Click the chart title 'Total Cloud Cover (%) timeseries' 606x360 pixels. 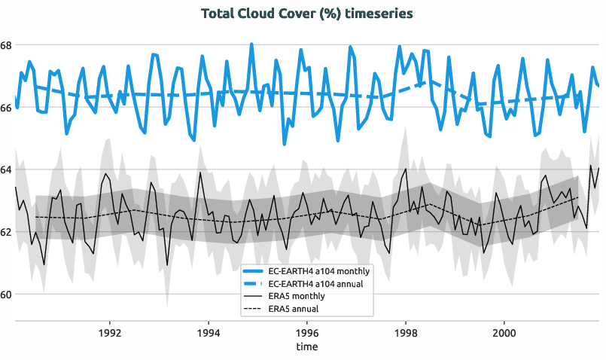pos(306,14)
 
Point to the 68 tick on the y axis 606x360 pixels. pos(6,45)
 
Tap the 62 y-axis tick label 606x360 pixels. pos(6,232)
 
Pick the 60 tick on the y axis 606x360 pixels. pos(6,294)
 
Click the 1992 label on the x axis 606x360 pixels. pos(110,332)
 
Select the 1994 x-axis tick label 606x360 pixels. pos(209,332)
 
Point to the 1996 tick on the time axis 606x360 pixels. pos(306,332)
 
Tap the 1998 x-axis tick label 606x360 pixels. pos(405,332)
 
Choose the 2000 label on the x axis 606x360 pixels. pos(504,332)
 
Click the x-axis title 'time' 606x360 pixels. pos(306,346)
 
